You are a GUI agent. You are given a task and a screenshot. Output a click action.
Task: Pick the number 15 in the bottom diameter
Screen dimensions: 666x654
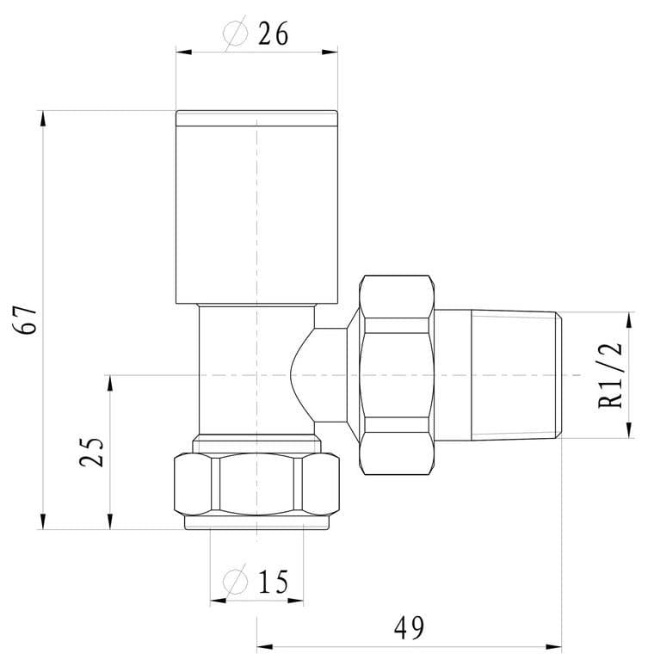(271, 583)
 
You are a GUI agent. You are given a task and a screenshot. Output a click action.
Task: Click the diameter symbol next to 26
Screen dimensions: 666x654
(234, 34)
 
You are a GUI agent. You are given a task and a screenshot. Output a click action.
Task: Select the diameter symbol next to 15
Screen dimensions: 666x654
(234, 583)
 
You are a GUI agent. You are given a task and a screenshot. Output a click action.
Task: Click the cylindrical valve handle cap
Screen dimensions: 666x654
(256, 207)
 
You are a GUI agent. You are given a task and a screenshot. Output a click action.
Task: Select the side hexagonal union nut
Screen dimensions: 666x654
(395, 375)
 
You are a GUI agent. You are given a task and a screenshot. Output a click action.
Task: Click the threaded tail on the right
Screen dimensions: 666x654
(516, 375)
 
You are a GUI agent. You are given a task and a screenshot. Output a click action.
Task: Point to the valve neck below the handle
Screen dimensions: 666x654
(228, 370)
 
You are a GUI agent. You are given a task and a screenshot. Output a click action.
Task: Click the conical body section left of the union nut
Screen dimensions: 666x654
(331, 375)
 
